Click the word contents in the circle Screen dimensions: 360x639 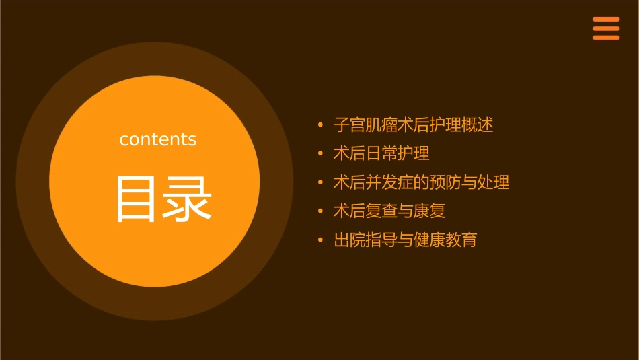pyautogui.click(x=158, y=139)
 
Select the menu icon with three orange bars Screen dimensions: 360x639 pyautogui.click(x=605, y=28)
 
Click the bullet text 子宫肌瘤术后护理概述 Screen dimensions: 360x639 pyautogui.click(x=413, y=124)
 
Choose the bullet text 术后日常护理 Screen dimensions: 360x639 pyautogui.click(x=381, y=153)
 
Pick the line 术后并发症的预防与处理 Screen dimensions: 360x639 pyautogui.click(x=421, y=182)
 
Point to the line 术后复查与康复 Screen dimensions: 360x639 pyautogui.click(x=389, y=211)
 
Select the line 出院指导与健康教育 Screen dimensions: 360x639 pyautogui.click(x=405, y=240)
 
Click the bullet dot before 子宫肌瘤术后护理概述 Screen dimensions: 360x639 pyautogui.click(x=320, y=125)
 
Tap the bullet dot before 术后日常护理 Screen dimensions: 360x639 pyautogui.click(x=320, y=154)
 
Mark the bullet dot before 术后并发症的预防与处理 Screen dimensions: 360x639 pyautogui.click(x=320, y=183)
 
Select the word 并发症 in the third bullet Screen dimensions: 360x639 pyautogui.click(x=389, y=182)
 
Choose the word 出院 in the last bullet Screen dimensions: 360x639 pyautogui.click(x=350, y=240)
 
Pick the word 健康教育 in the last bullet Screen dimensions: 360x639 pyautogui.click(x=445, y=240)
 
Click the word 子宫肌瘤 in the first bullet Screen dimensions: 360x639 pyautogui.click(x=365, y=124)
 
